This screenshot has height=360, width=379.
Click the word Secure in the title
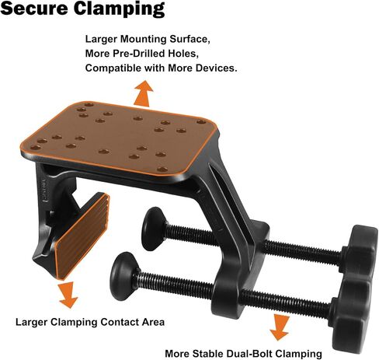(x=35, y=8)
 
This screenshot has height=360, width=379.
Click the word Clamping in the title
(x=119, y=9)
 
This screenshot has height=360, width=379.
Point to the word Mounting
(x=144, y=40)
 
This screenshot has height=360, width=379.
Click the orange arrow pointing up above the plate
(x=144, y=93)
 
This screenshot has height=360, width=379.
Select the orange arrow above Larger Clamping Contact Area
(x=68, y=295)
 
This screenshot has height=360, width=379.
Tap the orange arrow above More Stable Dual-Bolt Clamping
(x=280, y=327)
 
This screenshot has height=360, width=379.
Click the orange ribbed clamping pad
(x=82, y=236)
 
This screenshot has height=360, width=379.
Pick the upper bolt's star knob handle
(x=359, y=252)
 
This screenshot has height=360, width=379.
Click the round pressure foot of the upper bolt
(x=154, y=229)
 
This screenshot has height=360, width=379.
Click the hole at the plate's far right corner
(x=201, y=121)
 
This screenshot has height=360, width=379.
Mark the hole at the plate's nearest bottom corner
(x=162, y=170)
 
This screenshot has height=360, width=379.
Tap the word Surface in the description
(x=189, y=40)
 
